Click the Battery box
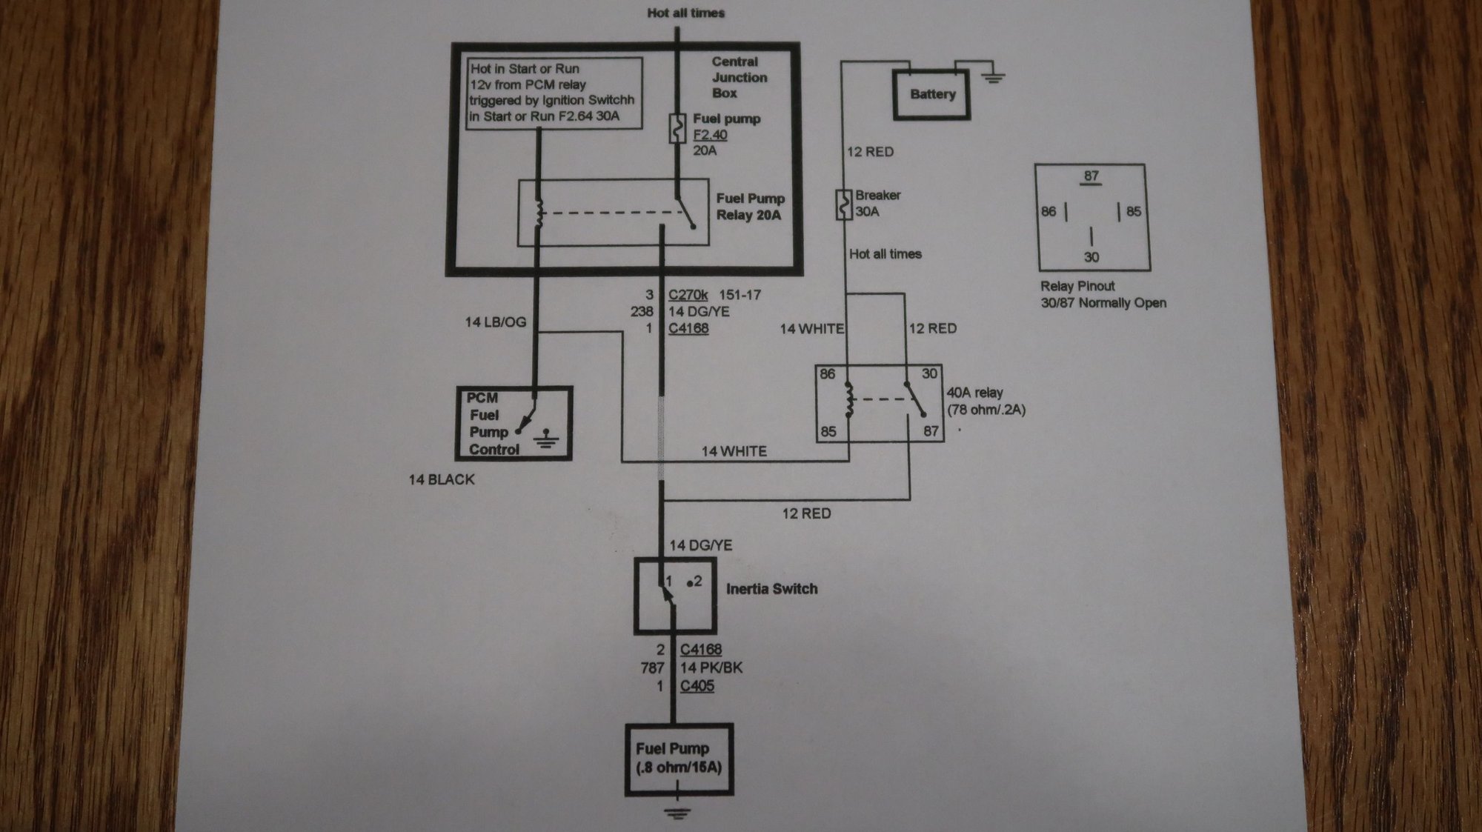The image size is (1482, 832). pos(931,94)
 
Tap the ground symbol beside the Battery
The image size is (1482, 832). pos(993,76)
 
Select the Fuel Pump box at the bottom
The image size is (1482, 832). pos(679,759)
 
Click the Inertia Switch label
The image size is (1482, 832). pos(771,589)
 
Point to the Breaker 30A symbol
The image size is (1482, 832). pos(844,204)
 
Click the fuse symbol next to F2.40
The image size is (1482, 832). pos(677,128)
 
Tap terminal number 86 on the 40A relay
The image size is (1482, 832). pos(827,374)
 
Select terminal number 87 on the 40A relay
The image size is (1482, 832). pos(931,430)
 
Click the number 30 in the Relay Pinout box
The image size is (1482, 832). pos(1091,257)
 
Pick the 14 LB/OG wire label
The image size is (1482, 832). pos(495,322)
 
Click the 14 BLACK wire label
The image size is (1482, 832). pos(442,479)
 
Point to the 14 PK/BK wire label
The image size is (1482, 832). pos(711,668)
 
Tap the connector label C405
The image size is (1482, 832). pos(697,686)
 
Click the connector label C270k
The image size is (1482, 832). pos(688,294)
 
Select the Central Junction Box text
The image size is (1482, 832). pos(739,77)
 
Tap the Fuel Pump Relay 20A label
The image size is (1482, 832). pos(750,207)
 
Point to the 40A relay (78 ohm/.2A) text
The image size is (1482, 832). pos(986,401)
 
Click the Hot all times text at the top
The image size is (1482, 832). pos(685,13)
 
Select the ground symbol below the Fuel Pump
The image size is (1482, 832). pos(677,813)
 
